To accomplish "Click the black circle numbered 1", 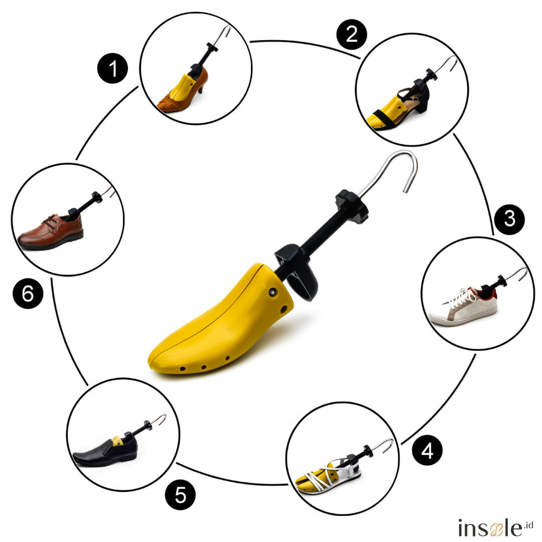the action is tap(112, 68).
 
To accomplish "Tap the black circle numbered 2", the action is tap(351, 34).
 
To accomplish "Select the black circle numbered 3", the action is tap(509, 219).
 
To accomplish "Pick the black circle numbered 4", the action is tap(427, 450).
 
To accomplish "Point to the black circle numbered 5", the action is tap(180, 495).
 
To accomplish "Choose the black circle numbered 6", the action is tap(28, 294).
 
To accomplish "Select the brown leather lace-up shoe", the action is tap(51, 231).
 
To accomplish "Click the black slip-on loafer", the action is tap(105, 452).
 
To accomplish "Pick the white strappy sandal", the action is tap(328, 475).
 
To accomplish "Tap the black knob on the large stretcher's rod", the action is tap(351, 206).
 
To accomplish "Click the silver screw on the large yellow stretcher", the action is tap(273, 293).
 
